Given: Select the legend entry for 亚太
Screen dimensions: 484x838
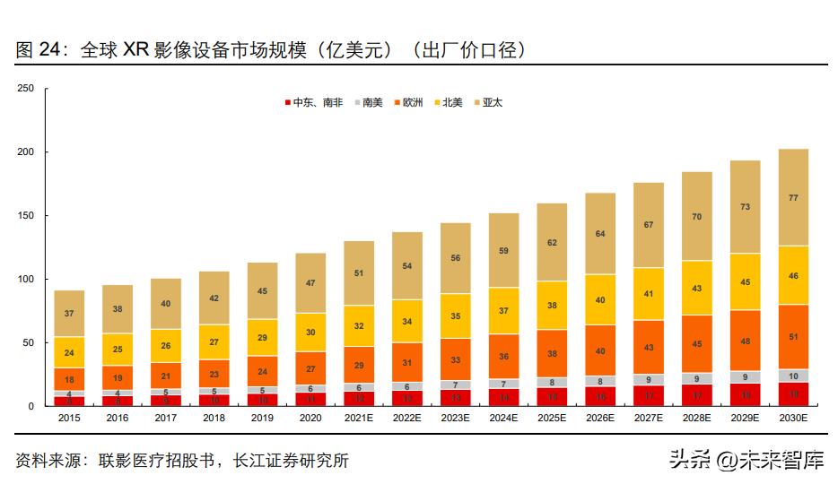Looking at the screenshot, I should (492, 103).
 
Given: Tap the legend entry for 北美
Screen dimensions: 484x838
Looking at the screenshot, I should (452, 103).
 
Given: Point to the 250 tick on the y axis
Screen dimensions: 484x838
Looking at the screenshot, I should (25, 88).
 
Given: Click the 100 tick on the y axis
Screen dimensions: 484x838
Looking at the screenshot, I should (25, 280).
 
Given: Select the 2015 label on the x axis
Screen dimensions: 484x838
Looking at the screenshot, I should (69, 418).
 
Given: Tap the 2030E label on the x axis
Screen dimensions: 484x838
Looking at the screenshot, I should (793, 418).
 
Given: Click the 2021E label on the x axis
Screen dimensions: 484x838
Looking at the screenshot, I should (359, 418).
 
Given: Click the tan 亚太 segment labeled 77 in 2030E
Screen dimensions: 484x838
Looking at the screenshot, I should (793, 197).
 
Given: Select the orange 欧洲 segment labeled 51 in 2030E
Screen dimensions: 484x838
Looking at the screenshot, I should (793, 337).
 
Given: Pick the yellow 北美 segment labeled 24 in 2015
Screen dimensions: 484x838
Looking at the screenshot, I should (69, 352).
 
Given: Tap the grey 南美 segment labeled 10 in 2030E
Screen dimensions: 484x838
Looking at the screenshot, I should (793, 376).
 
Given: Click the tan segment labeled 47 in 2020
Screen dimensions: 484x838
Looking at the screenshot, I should (310, 282).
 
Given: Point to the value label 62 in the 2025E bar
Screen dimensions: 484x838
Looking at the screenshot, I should (552, 243).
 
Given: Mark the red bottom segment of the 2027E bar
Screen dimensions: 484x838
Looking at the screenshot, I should (649, 395).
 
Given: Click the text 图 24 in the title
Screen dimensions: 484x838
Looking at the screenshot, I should (36, 50).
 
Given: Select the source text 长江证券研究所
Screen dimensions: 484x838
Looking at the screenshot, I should (291, 461).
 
